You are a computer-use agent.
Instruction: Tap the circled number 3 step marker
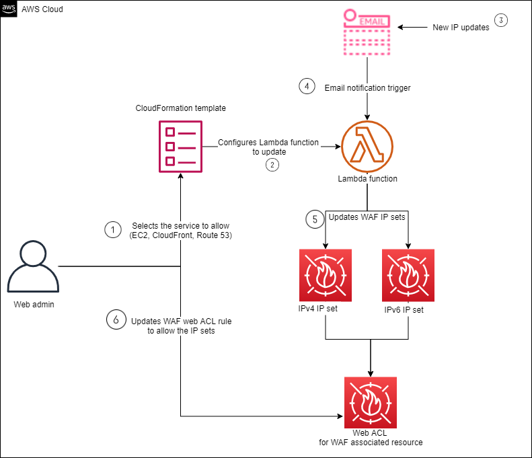pos(501,20)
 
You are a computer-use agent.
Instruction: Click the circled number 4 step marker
pos(307,87)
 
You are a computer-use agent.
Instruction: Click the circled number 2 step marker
pos(272,165)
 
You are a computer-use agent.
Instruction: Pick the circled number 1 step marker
pos(112,230)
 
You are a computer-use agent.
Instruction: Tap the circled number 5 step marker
pos(314,219)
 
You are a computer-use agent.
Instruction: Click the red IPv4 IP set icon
pos(326,275)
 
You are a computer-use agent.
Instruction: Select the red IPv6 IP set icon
pos(408,275)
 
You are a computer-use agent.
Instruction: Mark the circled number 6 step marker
pos(116,320)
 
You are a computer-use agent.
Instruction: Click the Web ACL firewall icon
pos(371,403)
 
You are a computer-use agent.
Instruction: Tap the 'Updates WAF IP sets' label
pos(367,217)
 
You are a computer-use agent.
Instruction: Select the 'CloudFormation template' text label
pos(181,108)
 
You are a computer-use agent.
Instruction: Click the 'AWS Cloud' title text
pos(42,9)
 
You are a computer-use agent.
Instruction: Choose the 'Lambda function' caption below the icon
pos(367,179)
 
